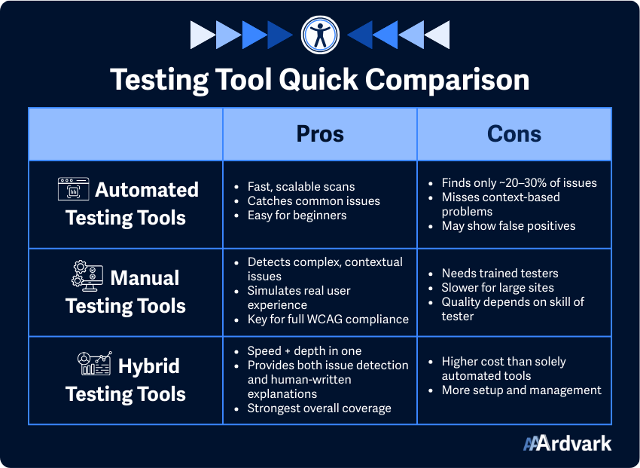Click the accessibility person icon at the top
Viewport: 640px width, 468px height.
tap(320, 35)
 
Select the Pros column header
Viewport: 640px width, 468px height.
tap(319, 134)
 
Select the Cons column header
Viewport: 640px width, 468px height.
tap(514, 134)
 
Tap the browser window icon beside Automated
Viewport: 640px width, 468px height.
tap(73, 189)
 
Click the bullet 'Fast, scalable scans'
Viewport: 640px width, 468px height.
tap(300, 186)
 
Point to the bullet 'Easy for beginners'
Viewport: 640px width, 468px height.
tap(297, 215)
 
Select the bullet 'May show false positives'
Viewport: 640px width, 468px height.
tap(508, 225)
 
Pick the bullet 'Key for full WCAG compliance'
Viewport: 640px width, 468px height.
tap(328, 319)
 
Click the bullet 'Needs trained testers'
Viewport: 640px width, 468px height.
tap(501, 274)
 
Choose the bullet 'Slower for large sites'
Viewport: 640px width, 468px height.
tap(498, 287)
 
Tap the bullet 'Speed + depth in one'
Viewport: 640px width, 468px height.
tap(304, 351)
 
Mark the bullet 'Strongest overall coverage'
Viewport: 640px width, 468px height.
tap(319, 408)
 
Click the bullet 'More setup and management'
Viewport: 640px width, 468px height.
tap(521, 390)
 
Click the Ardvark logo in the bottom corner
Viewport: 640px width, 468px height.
tap(567, 443)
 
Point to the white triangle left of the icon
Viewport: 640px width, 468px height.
tap(202, 35)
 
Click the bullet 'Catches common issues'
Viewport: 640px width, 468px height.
tap(313, 200)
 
